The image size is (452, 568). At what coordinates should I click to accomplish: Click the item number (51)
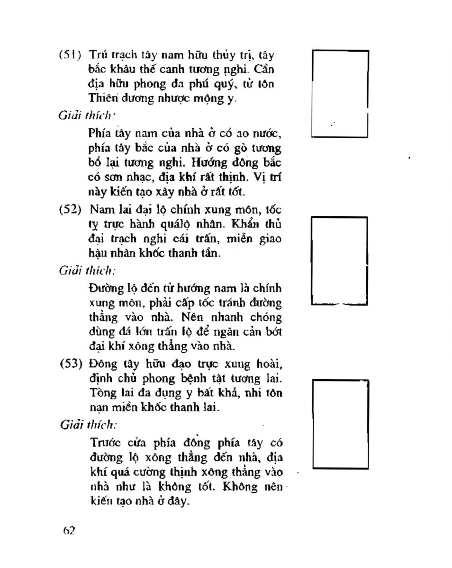point(70,54)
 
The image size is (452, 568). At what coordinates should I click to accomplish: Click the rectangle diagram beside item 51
point(340,94)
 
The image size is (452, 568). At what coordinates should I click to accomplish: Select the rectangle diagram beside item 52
point(340,260)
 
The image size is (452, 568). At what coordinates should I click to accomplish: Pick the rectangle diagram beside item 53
point(341,423)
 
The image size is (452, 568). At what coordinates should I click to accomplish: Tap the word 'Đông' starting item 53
point(101,364)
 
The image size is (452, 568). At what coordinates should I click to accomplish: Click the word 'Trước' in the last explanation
point(102,444)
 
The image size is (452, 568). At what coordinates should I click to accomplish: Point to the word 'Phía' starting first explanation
point(99,133)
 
